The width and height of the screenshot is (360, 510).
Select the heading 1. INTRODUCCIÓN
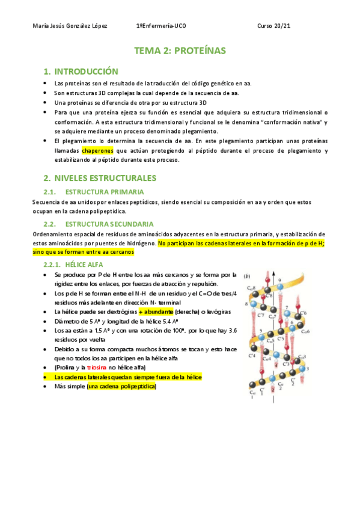pyautogui.click(x=85, y=71)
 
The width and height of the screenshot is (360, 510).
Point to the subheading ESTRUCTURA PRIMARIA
pyautogui.click(x=100, y=192)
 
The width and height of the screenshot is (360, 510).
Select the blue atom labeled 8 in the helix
pyautogui.click(x=254, y=304)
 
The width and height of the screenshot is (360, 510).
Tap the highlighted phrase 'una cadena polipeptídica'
pyautogui.click(x=122, y=386)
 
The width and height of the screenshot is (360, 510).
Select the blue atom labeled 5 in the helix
pyautogui.click(x=261, y=337)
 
